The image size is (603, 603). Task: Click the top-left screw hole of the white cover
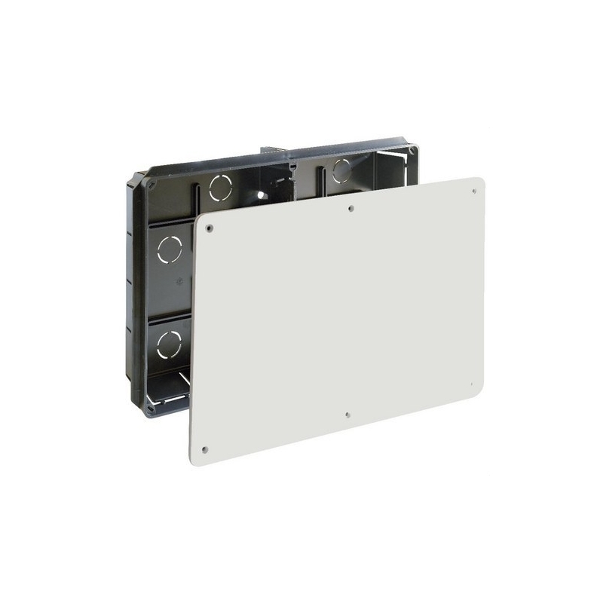pos(210,227)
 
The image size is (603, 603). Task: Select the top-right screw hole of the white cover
pos(474,191)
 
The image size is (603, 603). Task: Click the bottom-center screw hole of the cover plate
pos(345,414)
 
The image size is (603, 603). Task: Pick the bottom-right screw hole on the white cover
pos(473,384)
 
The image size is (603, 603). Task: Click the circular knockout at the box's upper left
pos(221,187)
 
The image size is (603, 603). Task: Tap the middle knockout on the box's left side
pos(169,249)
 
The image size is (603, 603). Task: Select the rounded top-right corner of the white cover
pos(478,183)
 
